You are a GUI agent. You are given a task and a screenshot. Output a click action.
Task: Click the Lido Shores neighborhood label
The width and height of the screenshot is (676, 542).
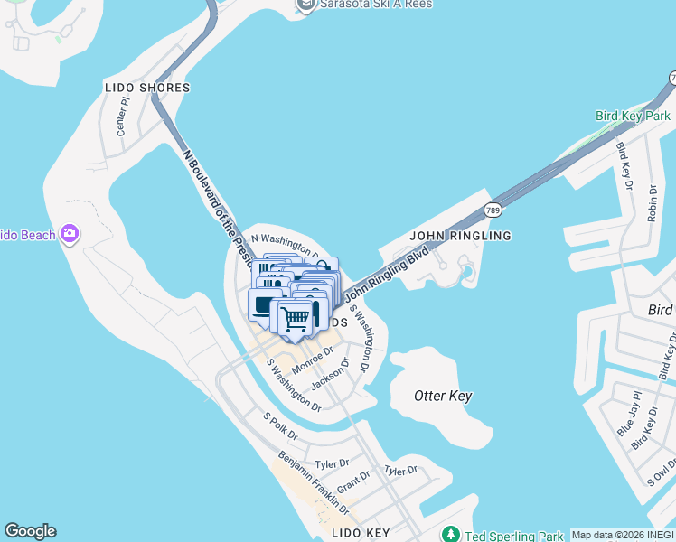point(146,88)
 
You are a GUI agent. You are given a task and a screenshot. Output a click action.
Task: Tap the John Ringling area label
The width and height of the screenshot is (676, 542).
point(460,236)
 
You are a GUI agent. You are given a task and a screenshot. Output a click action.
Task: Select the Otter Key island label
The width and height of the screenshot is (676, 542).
point(442,396)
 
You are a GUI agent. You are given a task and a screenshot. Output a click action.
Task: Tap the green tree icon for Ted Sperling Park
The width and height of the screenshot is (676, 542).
point(450,535)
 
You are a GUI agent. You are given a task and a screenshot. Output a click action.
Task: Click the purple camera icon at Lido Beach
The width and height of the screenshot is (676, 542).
point(70,235)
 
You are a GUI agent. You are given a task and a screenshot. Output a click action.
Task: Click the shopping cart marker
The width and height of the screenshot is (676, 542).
point(295,318)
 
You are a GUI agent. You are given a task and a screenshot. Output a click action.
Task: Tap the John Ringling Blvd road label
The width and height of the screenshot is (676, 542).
point(386,276)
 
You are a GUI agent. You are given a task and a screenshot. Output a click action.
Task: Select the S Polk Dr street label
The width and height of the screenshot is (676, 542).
point(279,422)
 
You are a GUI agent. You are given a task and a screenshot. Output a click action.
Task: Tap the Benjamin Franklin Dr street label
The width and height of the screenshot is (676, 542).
point(314,483)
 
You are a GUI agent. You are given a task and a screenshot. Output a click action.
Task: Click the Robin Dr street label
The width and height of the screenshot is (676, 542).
point(653,202)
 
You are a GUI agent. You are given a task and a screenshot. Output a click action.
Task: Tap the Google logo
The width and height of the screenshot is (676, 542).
point(30,531)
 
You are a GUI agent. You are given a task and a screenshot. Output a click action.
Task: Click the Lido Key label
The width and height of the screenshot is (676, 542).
point(360,533)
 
